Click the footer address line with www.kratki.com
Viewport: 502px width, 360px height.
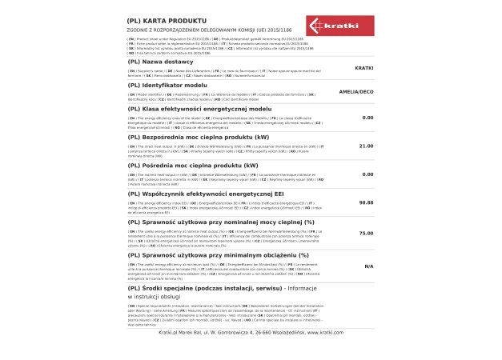click(251, 330)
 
